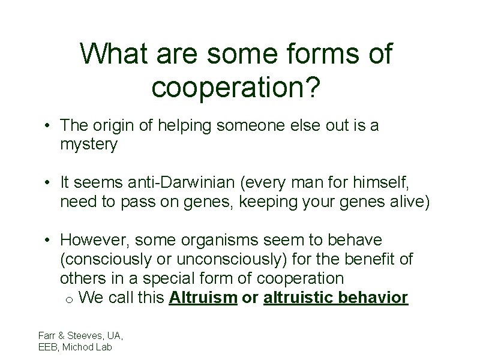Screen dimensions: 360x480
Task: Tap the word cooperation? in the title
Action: click(236, 87)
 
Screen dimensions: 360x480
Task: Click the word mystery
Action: click(89, 145)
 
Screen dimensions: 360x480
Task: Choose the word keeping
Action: click(270, 202)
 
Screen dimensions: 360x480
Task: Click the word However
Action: click(95, 241)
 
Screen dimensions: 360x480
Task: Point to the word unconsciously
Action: click(228, 260)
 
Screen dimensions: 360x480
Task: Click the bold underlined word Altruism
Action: click(203, 297)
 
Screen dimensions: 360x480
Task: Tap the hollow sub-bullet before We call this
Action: click(69, 299)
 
